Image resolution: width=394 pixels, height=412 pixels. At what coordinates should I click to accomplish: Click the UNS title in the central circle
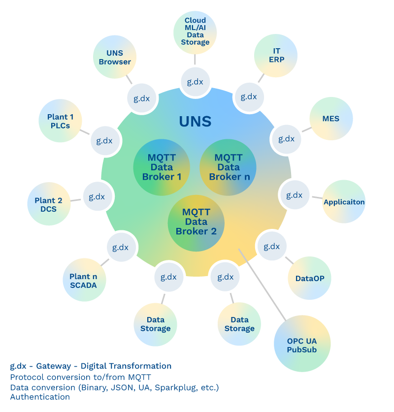pos(196,121)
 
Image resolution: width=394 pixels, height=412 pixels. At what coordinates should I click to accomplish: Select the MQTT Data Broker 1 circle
pos(162,167)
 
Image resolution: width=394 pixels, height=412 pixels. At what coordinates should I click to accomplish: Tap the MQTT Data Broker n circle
pos(228,167)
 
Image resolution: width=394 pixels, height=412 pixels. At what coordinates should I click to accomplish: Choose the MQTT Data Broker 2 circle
pos(196,222)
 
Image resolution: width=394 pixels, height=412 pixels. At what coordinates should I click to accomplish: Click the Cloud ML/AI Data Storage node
pos(195,32)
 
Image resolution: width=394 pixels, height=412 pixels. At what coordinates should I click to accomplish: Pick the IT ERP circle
pos(276,56)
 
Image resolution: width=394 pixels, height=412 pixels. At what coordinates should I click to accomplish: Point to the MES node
pos(331,119)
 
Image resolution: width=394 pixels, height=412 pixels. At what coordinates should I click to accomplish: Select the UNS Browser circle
pos(115,57)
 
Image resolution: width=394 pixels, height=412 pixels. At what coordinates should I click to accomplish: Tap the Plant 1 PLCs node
pos(60,121)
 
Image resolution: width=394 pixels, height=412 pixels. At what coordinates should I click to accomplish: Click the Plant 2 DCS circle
pos(49,204)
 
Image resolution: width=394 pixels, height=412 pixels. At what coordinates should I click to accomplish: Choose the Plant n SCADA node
pos(84,280)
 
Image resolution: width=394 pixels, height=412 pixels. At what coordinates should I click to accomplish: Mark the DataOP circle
pos(309,278)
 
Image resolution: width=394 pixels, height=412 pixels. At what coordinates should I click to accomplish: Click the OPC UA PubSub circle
pos(302,345)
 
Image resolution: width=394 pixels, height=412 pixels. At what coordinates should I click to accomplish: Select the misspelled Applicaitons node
pos(344,202)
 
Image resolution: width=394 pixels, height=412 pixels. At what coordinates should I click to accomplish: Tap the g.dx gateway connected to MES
pos(286,139)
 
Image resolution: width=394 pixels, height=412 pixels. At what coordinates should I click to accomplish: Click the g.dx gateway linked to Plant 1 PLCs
pos(104,141)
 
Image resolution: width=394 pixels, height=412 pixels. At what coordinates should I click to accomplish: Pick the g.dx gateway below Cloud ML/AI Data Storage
pos(195,82)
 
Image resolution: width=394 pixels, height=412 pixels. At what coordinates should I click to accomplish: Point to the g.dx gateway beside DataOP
pos(271,246)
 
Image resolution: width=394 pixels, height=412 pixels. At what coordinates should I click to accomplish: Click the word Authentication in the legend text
pos(40,397)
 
